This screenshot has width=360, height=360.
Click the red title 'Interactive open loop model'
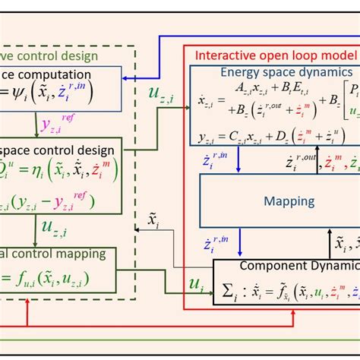(x=276, y=55)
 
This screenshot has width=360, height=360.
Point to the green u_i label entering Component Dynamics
(x=196, y=284)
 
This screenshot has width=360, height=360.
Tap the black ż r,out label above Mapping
(x=295, y=162)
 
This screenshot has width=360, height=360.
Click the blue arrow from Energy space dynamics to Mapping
(x=240, y=159)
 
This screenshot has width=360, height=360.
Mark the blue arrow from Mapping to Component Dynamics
(x=240, y=243)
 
